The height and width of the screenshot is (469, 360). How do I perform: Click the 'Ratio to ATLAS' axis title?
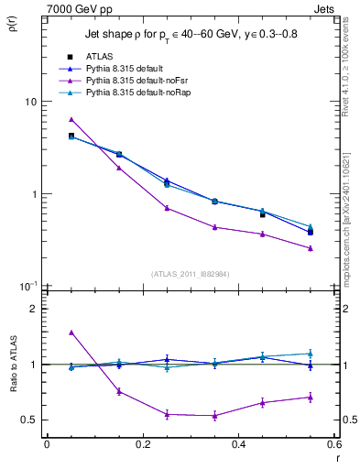click(15, 365)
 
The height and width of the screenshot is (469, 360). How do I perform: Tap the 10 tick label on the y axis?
click(29, 102)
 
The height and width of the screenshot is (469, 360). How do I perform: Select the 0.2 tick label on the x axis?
click(142, 445)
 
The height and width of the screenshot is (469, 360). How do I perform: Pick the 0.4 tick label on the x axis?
click(238, 445)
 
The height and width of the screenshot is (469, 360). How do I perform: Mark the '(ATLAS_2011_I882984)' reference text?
click(191, 273)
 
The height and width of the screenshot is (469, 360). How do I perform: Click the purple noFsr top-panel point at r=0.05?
click(71, 119)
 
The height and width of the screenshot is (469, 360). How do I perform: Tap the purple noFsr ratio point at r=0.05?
click(71, 333)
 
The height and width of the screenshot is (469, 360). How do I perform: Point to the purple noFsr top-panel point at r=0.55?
click(311, 248)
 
